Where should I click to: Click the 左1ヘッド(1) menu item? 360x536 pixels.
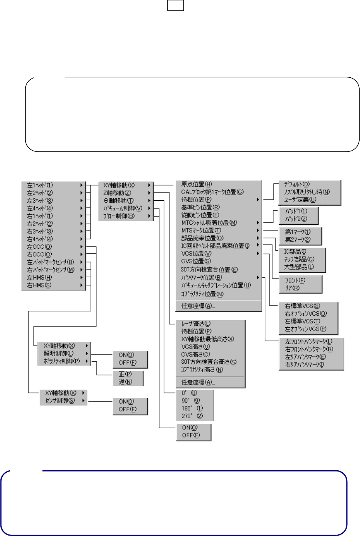40,185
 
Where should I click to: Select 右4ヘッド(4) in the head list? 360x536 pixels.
40,239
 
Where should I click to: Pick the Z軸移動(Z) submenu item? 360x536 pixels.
117,193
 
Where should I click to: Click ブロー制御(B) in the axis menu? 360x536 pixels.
119,216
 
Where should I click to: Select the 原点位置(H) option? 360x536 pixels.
197,184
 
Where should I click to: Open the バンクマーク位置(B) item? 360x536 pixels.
202,277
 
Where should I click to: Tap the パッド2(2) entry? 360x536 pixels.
296,219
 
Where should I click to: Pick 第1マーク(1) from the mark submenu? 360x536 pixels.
298,232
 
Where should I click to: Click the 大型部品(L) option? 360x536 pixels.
299,266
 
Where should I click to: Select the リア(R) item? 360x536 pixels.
292,288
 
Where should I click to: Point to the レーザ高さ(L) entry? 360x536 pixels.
196,323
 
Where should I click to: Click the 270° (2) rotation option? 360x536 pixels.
192,416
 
